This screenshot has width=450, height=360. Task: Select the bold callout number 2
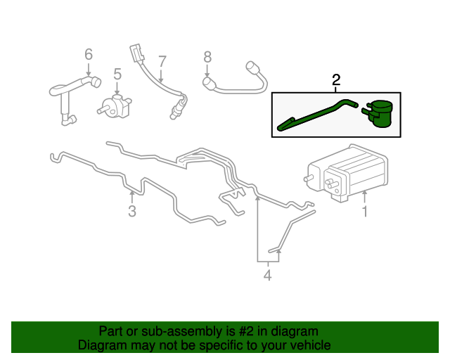336,81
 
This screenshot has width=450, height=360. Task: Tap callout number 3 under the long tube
131,212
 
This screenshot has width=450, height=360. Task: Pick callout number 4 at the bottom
267,276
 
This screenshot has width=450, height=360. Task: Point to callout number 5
117,73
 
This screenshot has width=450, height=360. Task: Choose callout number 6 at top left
89,54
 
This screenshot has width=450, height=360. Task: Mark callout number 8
207,56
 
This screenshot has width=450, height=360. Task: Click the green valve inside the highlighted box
380,113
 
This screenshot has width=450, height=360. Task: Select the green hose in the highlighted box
316,114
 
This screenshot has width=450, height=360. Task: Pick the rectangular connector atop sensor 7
135,53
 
